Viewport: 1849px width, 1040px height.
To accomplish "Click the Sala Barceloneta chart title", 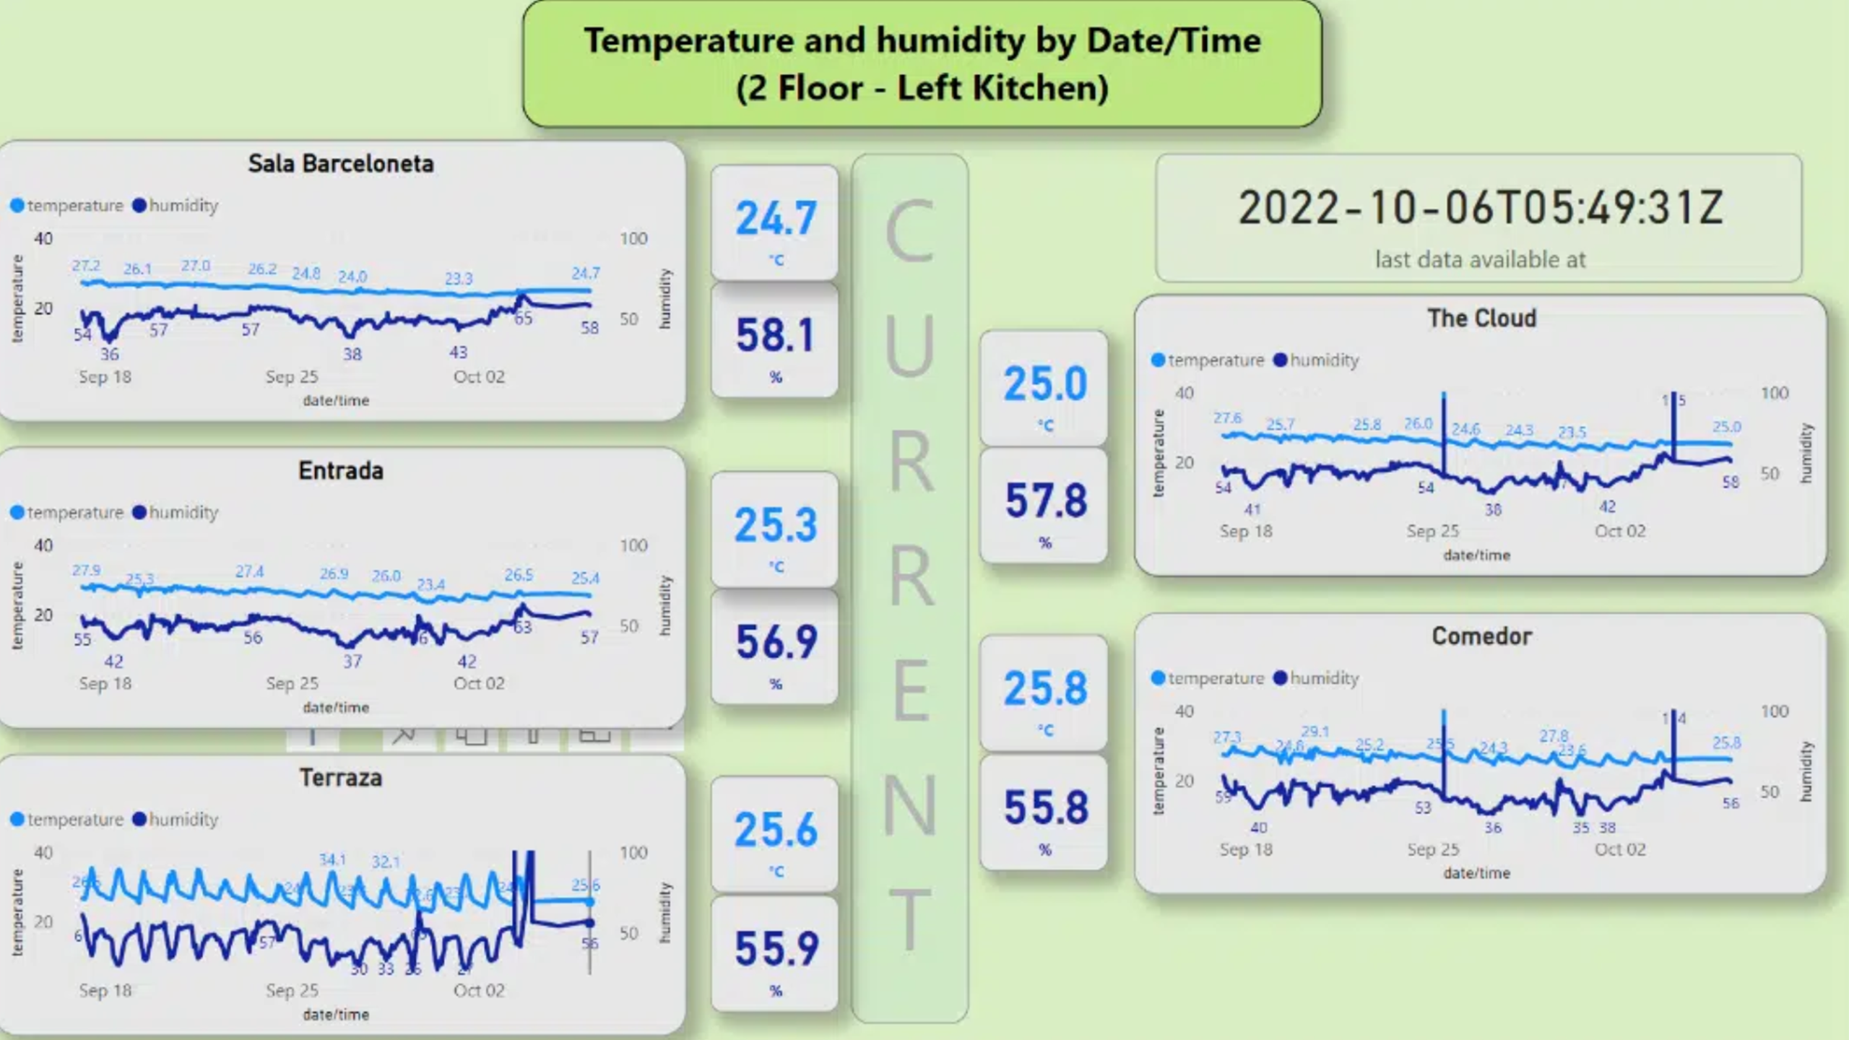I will click(341, 164).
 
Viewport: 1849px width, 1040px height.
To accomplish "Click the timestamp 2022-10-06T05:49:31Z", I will click(1481, 208).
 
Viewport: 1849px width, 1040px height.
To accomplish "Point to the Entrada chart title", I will click(341, 471).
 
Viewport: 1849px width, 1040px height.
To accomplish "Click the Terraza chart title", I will click(341, 778).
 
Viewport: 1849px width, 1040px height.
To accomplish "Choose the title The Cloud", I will click(1481, 318).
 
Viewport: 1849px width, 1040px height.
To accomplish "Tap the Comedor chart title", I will click(1481, 636).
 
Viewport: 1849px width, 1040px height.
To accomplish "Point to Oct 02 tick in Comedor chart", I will click(1620, 849).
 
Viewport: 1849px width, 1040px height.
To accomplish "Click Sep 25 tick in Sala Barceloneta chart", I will click(292, 377).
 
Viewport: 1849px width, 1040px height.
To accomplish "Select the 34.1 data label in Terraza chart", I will click(332, 860).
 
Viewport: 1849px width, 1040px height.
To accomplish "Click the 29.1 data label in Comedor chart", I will click(1315, 732).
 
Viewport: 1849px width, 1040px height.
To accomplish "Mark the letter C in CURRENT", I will click(910, 233).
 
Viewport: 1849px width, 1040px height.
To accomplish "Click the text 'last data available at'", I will click(1480, 259).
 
